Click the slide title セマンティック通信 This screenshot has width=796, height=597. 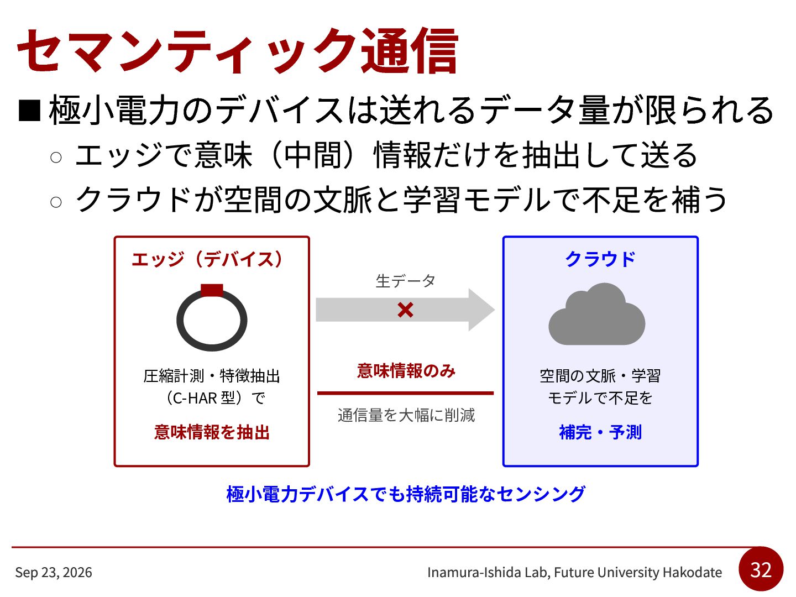click(238, 51)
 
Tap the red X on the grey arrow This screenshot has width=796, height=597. click(405, 310)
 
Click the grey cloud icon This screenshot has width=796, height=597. click(596, 314)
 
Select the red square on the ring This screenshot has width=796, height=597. click(212, 290)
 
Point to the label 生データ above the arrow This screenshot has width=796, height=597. click(405, 281)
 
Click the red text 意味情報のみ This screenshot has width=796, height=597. click(406, 371)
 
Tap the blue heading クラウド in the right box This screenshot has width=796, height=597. click(600, 259)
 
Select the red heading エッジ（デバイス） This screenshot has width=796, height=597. click(207, 260)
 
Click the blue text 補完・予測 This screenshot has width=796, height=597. click(600, 432)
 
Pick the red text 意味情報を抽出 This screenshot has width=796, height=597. click(212, 432)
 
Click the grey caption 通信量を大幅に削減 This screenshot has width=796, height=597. click(406, 415)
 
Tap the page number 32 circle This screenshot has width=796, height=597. click(761, 569)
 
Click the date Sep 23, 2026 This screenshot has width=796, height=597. click(54, 572)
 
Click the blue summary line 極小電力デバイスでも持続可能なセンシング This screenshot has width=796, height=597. click(406, 494)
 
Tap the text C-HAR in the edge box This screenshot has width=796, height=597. click(195, 399)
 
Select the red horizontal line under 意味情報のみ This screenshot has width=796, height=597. click(405, 393)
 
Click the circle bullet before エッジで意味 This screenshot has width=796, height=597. click(56, 158)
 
